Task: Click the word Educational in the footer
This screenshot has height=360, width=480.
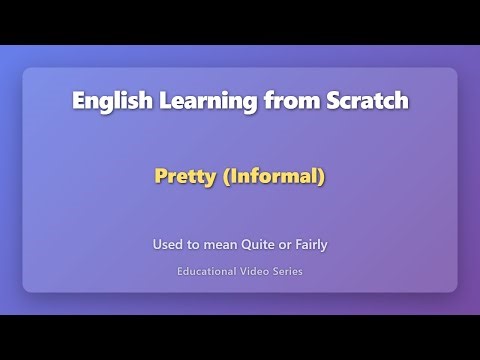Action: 208,270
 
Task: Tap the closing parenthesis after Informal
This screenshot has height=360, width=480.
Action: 322,177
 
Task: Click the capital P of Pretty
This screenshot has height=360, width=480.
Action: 160,177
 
